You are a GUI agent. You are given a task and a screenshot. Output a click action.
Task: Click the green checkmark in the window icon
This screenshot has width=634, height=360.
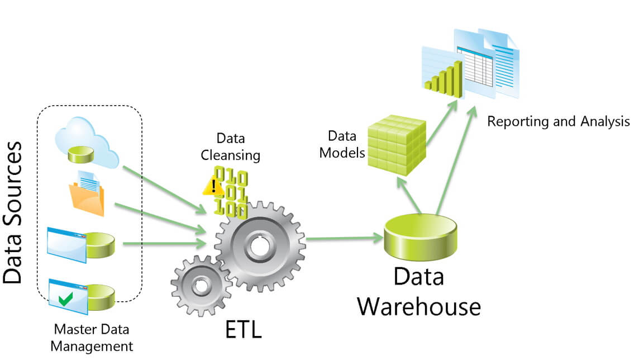66,300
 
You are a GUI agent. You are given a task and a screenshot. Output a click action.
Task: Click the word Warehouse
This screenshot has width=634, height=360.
419,306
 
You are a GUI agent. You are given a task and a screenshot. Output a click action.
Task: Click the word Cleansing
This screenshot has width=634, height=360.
231,155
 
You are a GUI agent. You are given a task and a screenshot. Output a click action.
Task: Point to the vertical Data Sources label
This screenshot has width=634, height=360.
13,212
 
